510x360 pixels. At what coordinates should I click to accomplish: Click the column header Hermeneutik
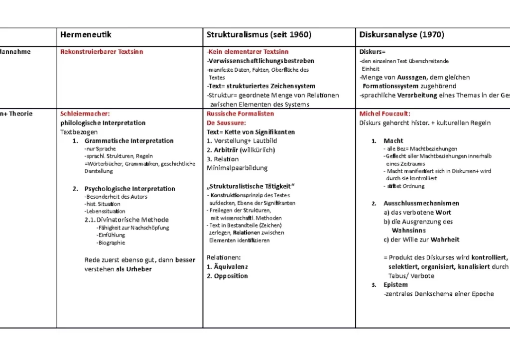[86, 35]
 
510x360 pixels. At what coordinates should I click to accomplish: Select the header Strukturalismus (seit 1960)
[259, 35]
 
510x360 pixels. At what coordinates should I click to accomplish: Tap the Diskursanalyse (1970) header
[401, 35]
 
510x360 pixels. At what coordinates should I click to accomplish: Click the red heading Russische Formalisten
[240, 114]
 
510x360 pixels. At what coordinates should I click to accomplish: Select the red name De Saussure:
[225, 123]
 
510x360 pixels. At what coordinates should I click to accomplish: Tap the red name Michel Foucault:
[384, 114]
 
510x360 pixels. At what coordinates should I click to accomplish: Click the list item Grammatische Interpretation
[129, 141]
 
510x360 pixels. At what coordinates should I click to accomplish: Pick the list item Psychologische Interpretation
[129, 189]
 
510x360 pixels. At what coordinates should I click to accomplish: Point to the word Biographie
[112, 243]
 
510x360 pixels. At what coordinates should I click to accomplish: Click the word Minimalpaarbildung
[237, 168]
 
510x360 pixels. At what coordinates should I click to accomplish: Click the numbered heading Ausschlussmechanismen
[421, 203]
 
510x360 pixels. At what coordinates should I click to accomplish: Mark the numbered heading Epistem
[395, 285]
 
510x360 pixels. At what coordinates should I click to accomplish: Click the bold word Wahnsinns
[409, 231]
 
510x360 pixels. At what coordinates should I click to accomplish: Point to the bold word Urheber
[139, 269]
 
